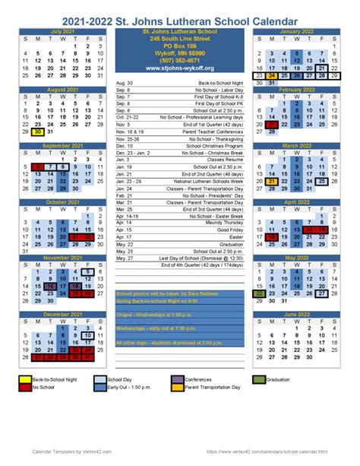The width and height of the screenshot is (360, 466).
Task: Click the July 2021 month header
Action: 62,31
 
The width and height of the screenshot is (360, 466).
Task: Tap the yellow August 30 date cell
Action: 37,131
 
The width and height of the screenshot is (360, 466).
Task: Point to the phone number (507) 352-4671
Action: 180,59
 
